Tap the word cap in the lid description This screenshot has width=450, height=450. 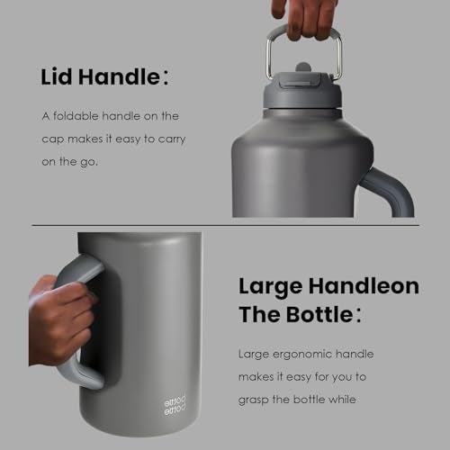click(55, 139)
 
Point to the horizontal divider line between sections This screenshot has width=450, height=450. click(225, 225)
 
